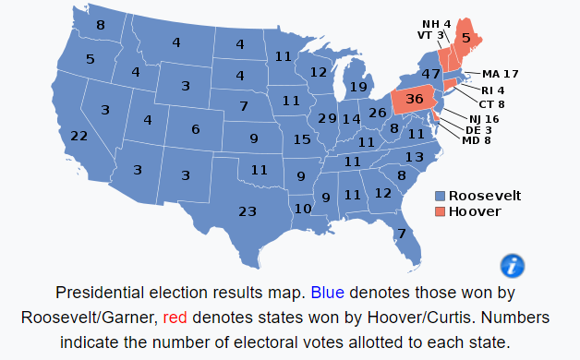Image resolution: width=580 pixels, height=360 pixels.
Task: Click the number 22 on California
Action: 79,136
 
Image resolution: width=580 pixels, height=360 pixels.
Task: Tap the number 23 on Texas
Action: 247,211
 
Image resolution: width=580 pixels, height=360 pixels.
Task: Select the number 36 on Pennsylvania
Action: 415,99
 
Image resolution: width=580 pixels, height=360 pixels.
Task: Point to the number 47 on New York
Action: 430,73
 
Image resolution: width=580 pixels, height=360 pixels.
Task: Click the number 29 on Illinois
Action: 327,118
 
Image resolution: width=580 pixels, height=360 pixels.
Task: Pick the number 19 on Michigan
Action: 358,87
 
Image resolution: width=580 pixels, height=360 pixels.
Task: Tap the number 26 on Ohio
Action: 377,113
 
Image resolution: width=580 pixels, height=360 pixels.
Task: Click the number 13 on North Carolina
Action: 415,157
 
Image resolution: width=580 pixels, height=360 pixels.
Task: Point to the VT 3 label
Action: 429,35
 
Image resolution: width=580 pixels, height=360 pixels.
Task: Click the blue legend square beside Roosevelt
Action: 441,197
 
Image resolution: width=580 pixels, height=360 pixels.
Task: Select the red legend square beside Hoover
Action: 441,212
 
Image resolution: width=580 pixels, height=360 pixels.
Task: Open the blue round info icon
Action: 513,265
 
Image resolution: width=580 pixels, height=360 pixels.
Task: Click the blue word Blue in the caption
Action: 327,293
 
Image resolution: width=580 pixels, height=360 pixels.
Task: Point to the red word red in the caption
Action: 176,317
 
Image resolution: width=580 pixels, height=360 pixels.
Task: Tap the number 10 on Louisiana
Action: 302,209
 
